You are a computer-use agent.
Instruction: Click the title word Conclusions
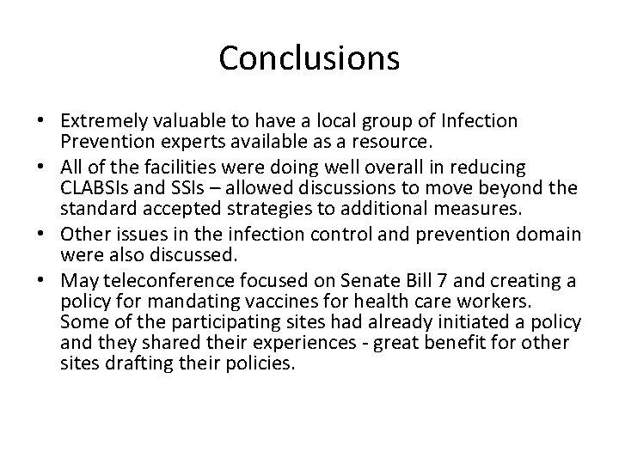309,58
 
